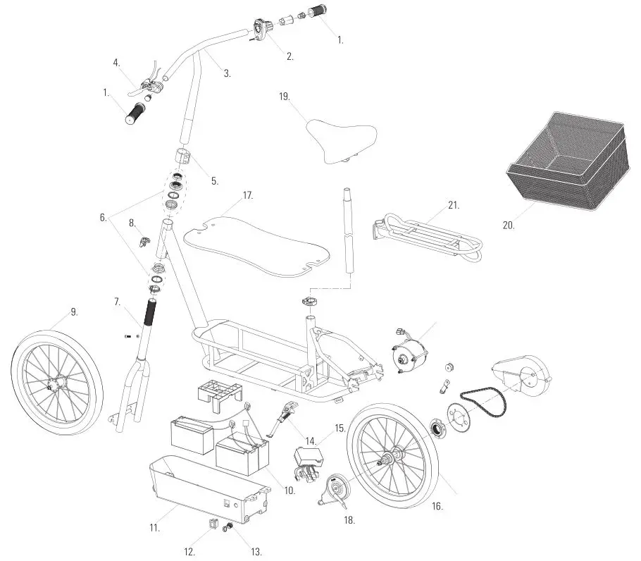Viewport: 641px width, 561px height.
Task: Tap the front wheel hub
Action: coord(52,384)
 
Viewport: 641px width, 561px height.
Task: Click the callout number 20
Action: coord(509,226)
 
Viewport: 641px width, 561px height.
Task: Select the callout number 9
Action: coord(74,311)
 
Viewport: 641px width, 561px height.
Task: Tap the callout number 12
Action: coord(189,552)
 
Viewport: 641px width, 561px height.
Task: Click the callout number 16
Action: coord(437,505)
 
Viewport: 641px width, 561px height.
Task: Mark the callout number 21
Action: coord(453,206)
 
